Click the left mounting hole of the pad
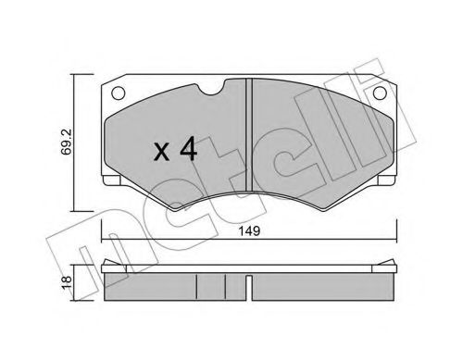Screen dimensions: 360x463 pos(118,93)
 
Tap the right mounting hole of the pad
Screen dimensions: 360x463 pos(381,93)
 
